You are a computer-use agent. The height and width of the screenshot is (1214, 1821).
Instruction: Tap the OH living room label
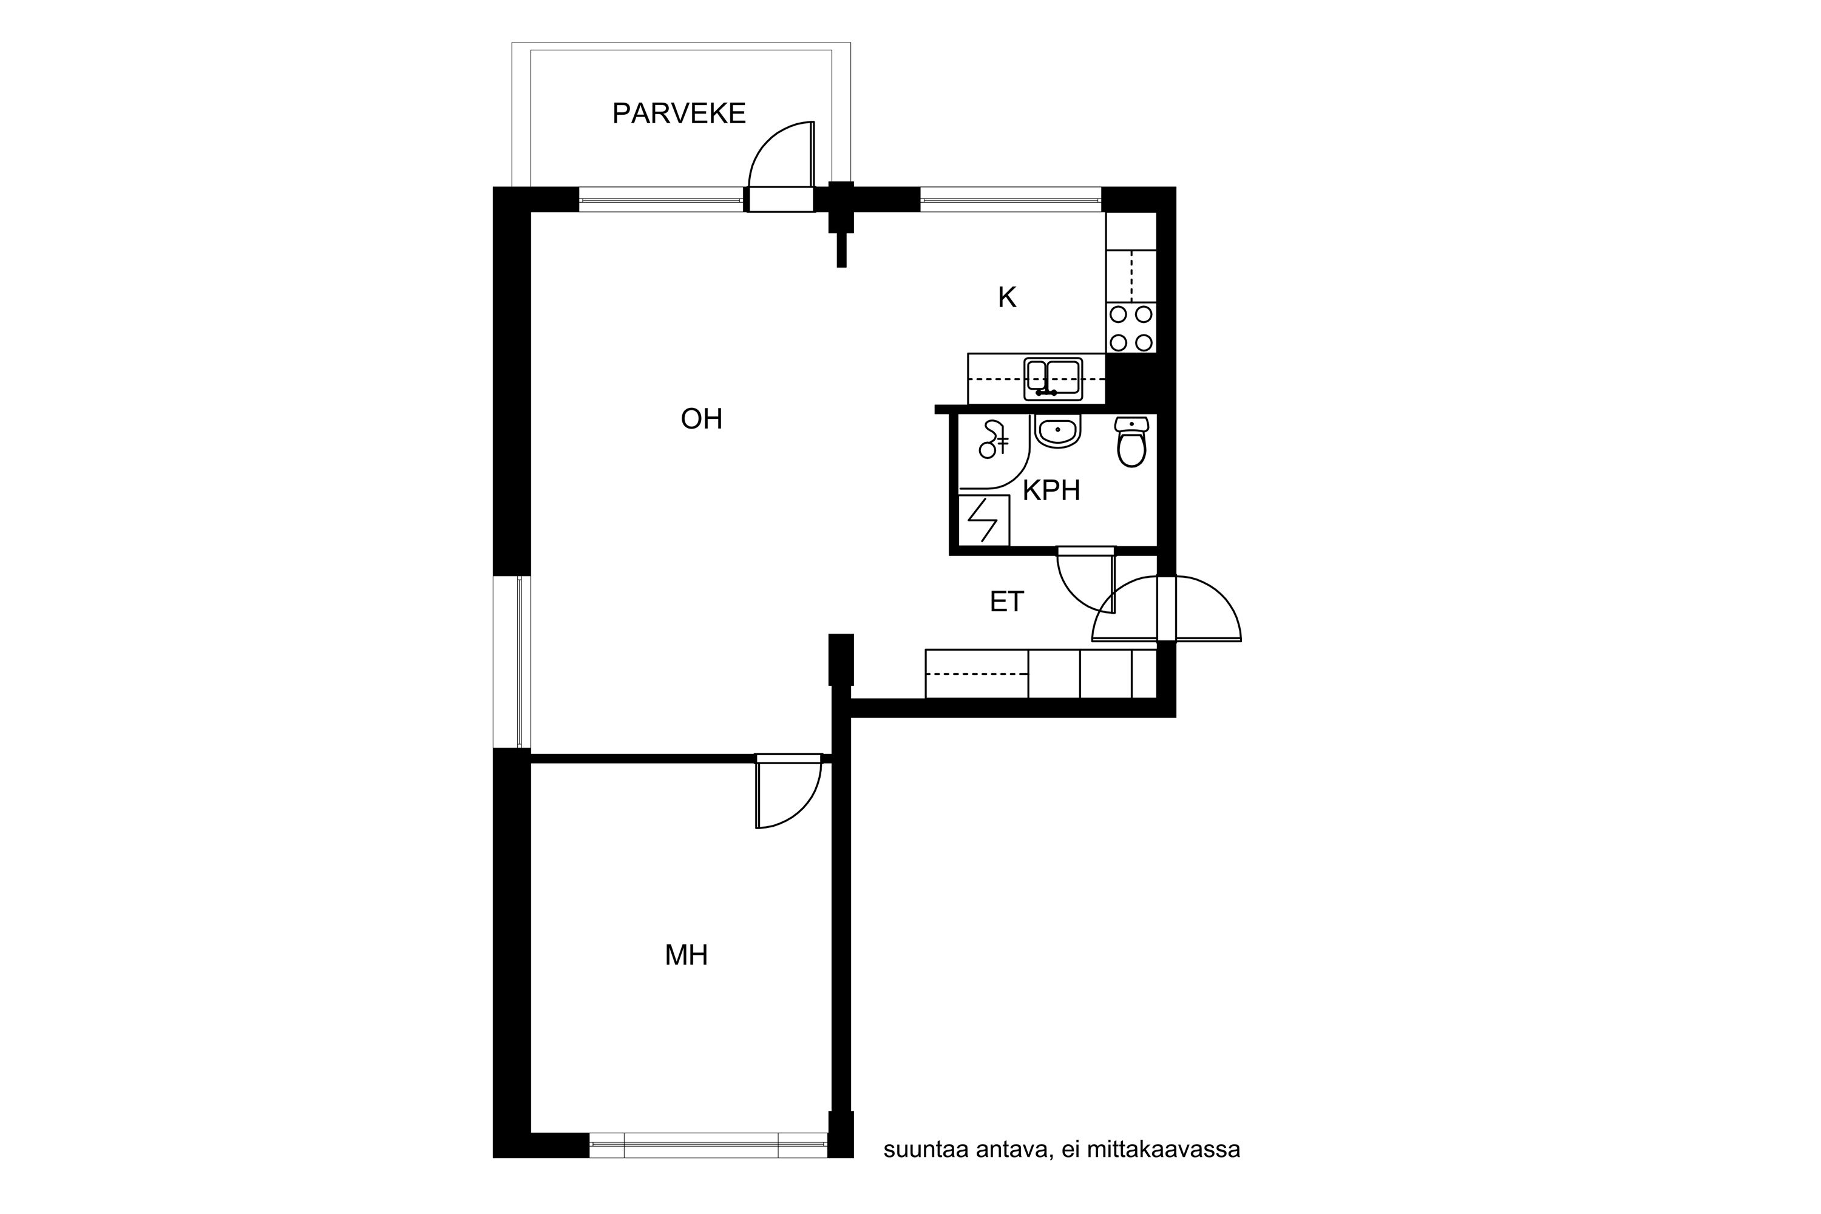(702, 419)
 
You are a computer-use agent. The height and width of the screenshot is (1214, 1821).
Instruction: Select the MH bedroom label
(687, 955)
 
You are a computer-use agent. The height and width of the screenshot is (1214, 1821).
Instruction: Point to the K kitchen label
(1006, 297)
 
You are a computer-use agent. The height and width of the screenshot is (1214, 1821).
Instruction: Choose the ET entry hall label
(1006, 602)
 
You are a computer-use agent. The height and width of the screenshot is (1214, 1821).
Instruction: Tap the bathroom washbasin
(1057, 431)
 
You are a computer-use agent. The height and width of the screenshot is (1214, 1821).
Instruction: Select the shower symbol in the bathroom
(992, 439)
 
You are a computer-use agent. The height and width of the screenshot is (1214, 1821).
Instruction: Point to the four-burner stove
(1131, 328)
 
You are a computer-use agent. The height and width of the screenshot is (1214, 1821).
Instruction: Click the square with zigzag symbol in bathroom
(983, 520)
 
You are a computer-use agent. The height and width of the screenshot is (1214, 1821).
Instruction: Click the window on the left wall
(512, 662)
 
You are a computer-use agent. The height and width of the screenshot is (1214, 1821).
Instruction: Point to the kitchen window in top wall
(1011, 200)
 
